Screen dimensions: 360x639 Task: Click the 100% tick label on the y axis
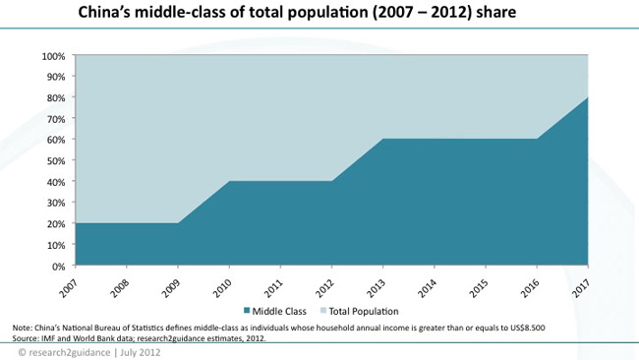(53, 56)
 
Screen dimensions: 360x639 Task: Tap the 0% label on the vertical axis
(58, 266)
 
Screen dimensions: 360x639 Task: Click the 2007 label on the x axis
(68, 281)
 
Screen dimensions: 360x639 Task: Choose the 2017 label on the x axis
(579, 281)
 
